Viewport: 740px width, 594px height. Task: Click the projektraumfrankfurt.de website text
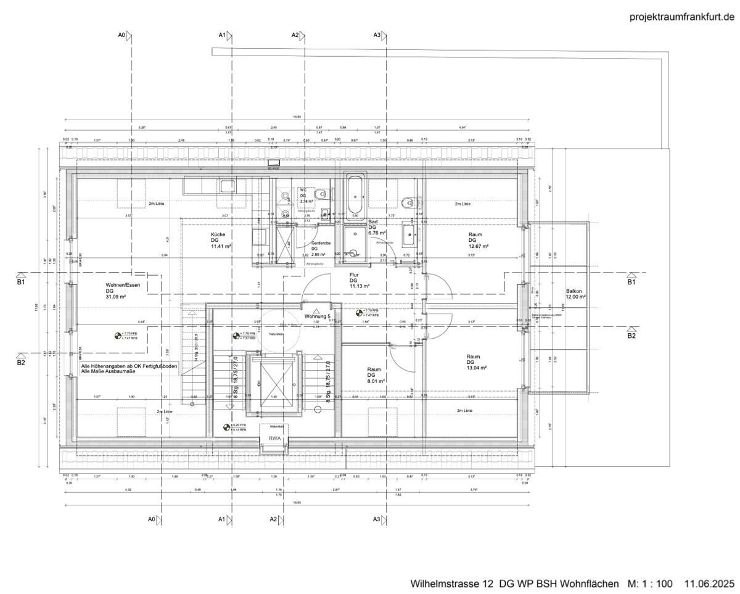point(681,17)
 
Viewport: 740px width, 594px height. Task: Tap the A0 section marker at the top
point(126,36)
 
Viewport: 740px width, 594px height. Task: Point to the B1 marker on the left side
point(21,279)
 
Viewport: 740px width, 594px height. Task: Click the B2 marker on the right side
point(631,333)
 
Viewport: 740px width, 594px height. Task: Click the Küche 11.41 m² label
point(221,241)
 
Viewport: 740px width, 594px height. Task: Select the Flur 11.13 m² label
point(359,281)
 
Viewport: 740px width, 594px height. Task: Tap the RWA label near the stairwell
point(275,439)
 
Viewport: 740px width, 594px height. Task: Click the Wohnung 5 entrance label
point(318,316)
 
